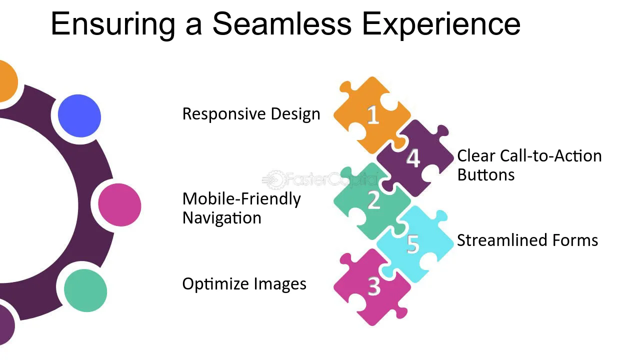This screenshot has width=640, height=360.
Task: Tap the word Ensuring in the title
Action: point(113,25)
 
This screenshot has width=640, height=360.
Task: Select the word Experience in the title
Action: point(441,25)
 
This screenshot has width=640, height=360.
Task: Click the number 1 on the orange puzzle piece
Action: point(373,115)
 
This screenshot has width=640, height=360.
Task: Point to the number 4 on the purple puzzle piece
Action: point(413,158)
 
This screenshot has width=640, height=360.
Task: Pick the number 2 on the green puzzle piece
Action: point(373,200)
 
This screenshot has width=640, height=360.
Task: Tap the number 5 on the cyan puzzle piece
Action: point(413,244)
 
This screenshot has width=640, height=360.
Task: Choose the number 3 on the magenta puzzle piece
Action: point(373,286)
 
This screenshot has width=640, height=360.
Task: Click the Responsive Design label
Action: point(251,114)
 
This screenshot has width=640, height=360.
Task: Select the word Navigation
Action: point(221,218)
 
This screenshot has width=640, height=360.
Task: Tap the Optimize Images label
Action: point(244,284)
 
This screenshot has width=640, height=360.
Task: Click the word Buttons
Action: point(485,174)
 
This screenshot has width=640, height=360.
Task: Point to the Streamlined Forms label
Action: point(527,240)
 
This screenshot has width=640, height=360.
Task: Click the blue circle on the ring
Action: point(79,115)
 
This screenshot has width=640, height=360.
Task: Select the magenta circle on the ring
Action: point(119,205)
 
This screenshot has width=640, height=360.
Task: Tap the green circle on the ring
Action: point(85,290)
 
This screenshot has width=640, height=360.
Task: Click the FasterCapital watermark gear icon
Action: point(275,179)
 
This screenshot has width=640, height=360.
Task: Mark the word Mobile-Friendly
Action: point(241,199)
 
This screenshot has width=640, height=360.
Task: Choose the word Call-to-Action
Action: point(551,156)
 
